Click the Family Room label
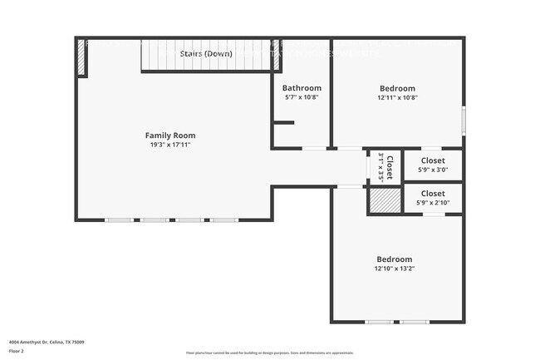[x=170, y=136]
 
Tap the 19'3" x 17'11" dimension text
[x=170, y=145]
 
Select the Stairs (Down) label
[x=207, y=52]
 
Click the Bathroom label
[x=301, y=88]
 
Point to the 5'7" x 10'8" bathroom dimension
[x=301, y=97]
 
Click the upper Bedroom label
[x=397, y=88]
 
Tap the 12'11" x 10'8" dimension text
[x=397, y=97]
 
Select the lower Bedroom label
[x=394, y=259]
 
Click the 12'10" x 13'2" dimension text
[x=394, y=269]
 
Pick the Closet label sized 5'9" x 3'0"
[x=433, y=160]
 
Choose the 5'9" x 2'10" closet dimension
[x=433, y=202]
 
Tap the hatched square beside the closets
[x=385, y=201]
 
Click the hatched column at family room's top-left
[x=81, y=57]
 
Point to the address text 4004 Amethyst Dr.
[x=47, y=342]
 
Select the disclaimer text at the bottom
[x=269, y=353]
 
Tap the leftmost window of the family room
[x=119, y=219]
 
